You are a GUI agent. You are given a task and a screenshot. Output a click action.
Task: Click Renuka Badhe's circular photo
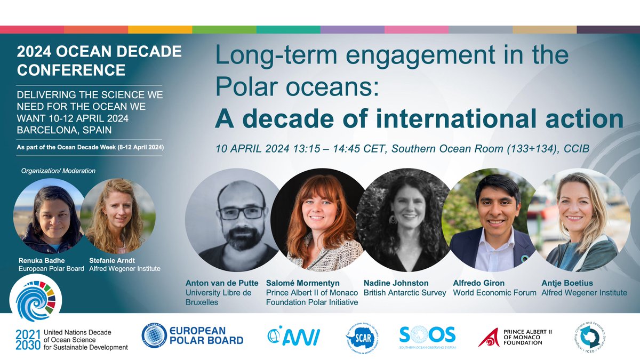point(47,215)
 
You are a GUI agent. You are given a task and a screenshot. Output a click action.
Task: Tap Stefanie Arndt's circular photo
point(117,215)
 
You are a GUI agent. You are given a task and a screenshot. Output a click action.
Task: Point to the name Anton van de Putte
point(223,283)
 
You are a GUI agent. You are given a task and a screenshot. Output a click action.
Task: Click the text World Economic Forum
point(494,293)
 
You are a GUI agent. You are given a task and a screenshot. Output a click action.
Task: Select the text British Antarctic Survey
point(404,293)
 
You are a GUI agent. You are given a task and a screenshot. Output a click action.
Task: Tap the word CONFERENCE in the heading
point(71,69)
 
